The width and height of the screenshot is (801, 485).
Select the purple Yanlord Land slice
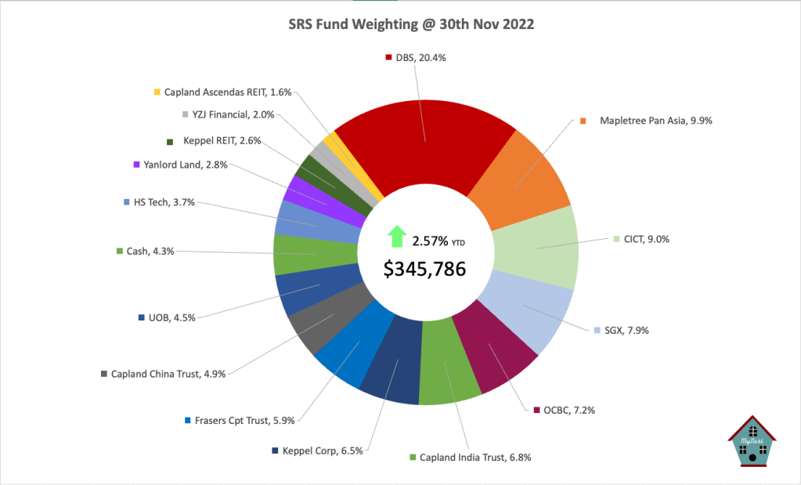click(307, 192)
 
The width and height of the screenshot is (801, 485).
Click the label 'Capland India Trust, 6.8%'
click(475, 458)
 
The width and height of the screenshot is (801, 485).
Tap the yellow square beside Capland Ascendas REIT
click(157, 92)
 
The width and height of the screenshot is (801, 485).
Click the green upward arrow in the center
click(397, 236)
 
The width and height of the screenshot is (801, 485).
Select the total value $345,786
click(424, 269)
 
